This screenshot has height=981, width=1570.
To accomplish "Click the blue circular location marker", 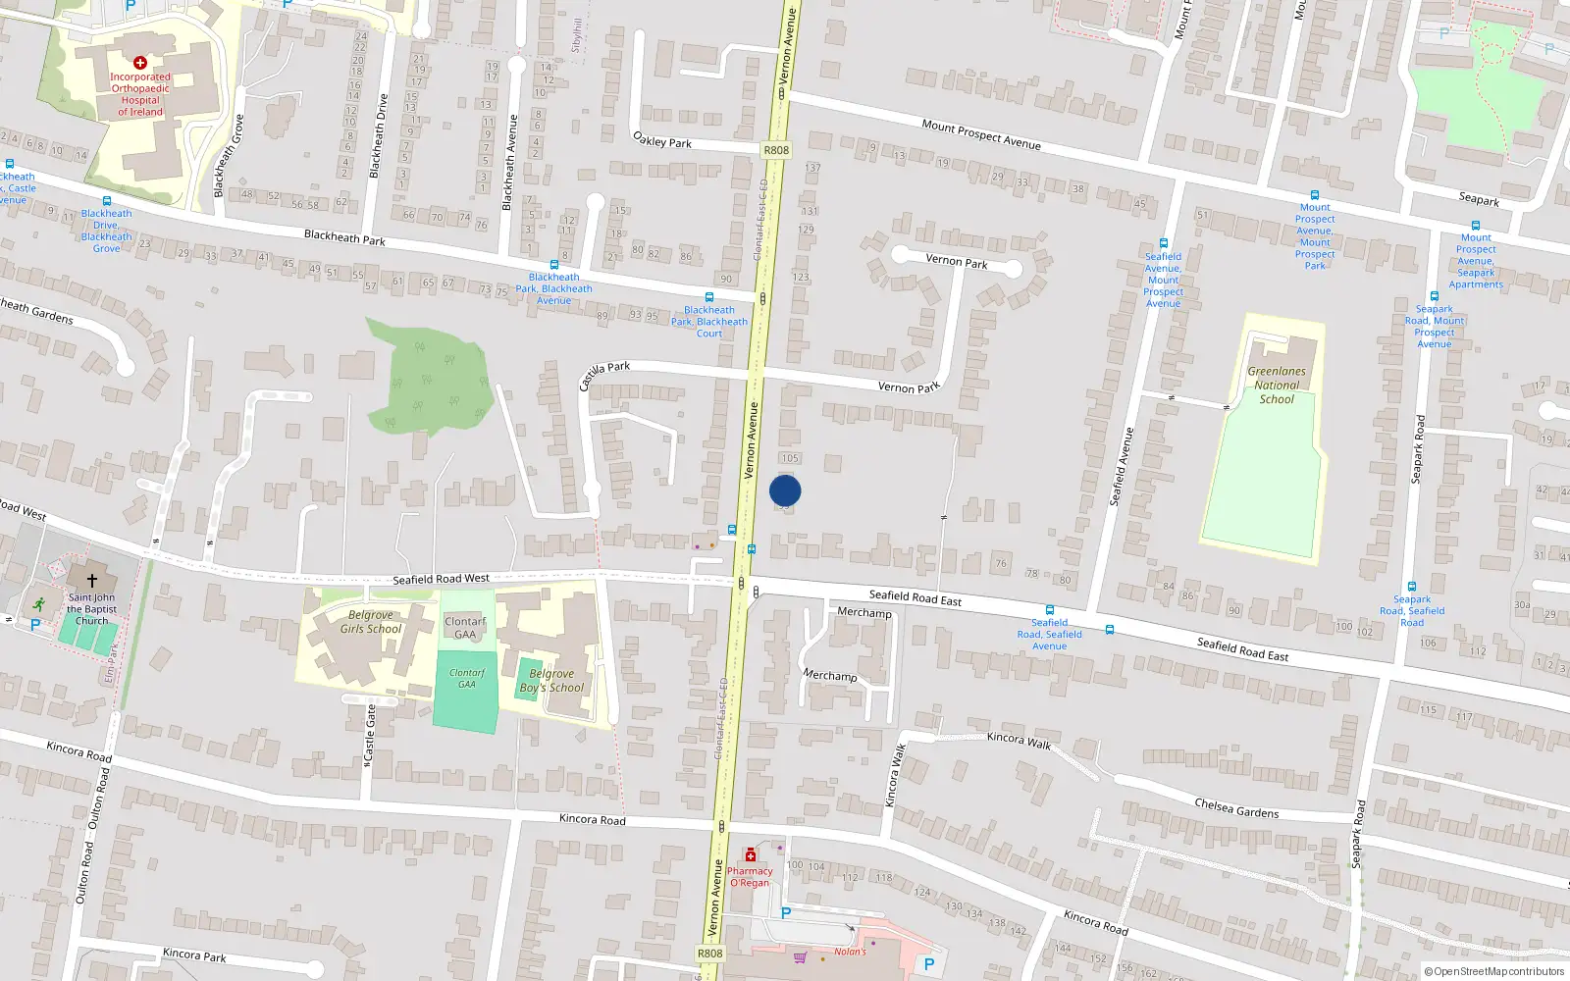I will click(x=785, y=490).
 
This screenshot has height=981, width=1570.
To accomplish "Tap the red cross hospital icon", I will click(x=140, y=63).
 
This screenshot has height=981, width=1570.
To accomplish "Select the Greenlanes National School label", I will click(x=1277, y=386).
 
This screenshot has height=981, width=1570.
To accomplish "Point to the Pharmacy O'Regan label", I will click(x=750, y=877).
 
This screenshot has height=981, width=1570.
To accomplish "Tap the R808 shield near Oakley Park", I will click(x=775, y=150).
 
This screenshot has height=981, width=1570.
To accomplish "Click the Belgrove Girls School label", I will click(x=371, y=622).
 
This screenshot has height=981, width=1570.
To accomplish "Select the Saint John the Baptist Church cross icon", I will click(x=92, y=581).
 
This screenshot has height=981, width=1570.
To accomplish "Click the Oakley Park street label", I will click(x=662, y=140).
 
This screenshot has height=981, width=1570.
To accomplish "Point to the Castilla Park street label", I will click(x=604, y=373).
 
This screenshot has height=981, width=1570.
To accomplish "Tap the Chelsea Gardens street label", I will click(x=1236, y=808).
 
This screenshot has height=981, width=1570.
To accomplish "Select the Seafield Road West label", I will click(x=441, y=579).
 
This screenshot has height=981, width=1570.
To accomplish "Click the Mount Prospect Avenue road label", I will click(x=981, y=134).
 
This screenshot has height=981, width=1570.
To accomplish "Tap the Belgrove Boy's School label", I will click(x=551, y=681).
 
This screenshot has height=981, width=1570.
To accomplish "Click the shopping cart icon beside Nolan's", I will click(x=800, y=957).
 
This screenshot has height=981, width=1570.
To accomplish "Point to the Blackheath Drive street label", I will click(x=379, y=135).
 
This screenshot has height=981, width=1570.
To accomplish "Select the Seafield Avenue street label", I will click(x=1122, y=466).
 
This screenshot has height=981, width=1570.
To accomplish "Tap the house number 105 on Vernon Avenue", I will click(x=790, y=458).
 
